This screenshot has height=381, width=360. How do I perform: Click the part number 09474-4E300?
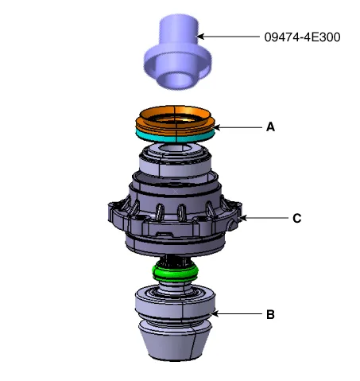302,37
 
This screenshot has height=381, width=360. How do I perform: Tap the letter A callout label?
270,127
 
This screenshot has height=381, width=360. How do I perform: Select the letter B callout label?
270,315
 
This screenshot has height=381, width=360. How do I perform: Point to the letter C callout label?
297,219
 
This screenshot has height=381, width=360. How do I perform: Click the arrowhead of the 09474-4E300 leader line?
200,37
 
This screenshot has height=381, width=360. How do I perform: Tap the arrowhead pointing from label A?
216,127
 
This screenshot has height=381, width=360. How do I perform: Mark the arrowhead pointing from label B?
215,314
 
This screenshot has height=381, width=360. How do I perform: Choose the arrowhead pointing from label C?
243,218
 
